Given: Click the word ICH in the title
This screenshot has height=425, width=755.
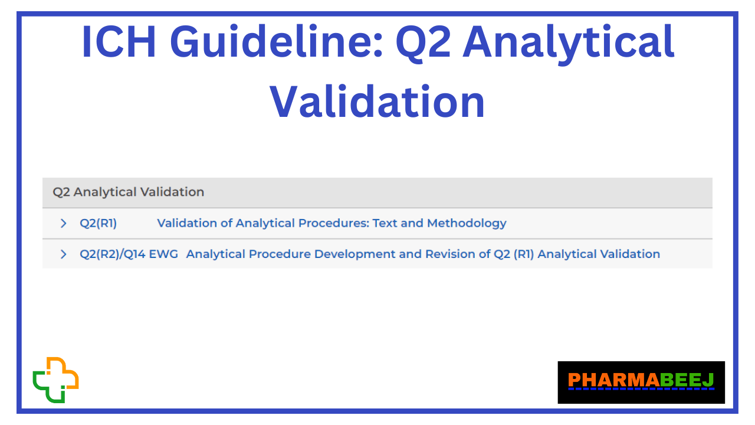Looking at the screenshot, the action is pyautogui.click(x=119, y=41).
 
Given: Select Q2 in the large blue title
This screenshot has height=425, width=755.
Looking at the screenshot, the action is pyautogui.click(x=424, y=43).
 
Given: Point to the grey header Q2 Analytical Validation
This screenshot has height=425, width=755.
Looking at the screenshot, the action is pyautogui.click(x=129, y=192).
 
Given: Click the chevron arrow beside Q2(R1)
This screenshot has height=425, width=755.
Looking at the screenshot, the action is pyautogui.click(x=63, y=223).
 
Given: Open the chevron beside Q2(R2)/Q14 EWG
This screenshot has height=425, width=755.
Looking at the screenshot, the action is pyautogui.click(x=63, y=254).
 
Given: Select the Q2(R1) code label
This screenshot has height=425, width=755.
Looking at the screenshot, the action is pyautogui.click(x=98, y=223).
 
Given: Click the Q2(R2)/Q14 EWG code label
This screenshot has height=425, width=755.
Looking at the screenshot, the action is pyautogui.click(x=129, y=254).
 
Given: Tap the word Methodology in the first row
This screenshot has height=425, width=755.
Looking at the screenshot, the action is pyautogui.click(x=467, y=223).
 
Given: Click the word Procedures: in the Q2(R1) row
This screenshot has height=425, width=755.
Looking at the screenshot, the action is pyautogui.click(x=334, y=223).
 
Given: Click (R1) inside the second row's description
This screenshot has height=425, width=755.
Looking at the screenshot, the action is pyautogui.click(x=524, y=254).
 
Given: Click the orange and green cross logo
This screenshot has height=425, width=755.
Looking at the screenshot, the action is pyautogui.click(x=55, y=380).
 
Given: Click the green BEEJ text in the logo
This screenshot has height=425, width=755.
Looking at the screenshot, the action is pyautogui.click(x=687, y=380).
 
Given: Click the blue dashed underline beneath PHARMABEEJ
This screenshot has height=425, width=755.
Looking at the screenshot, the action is pyautogui.click(x=641, y=388).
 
